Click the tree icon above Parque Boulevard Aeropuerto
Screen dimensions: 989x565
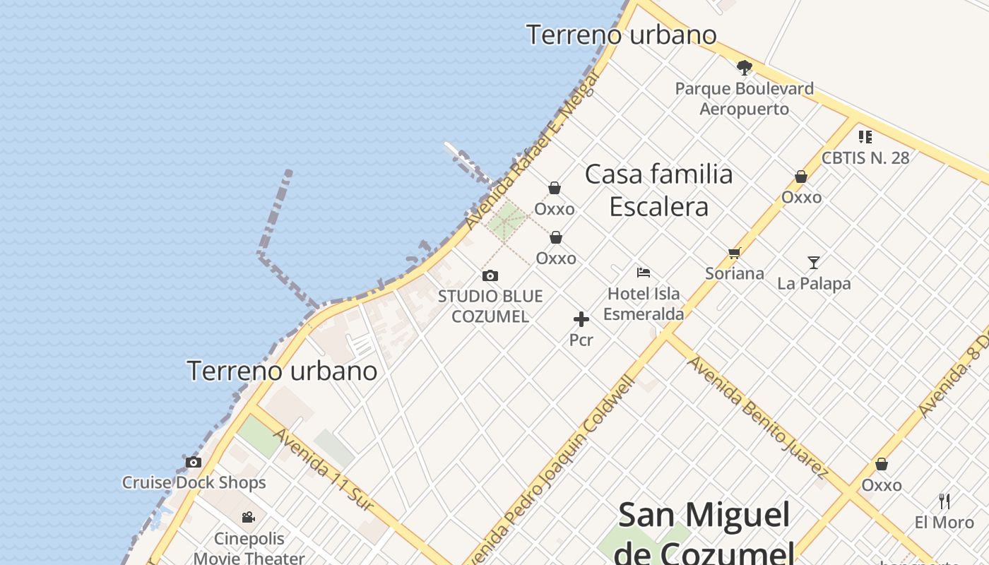pos(744,68)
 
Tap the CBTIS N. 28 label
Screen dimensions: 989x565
pos(865,157)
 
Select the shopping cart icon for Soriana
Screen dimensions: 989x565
pos(734,253)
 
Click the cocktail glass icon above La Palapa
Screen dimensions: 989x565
pos(814,263)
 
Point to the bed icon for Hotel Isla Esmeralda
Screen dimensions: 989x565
pos(643,272)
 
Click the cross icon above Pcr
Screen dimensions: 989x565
pos(581,320)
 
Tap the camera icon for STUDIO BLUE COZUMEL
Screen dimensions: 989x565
pos(490,275)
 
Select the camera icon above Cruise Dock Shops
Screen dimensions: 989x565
pos(193,463)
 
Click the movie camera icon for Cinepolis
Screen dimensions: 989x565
pos(248,518)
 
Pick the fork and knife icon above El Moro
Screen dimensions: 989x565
pos(944,501)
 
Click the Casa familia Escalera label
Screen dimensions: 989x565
pos(658,190)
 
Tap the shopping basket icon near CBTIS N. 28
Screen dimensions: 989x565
pos(800,177)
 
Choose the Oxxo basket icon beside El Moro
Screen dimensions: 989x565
pos(881,465)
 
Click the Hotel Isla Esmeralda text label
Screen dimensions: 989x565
pos(644,304)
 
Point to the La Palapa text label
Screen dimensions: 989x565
pos(814,284)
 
